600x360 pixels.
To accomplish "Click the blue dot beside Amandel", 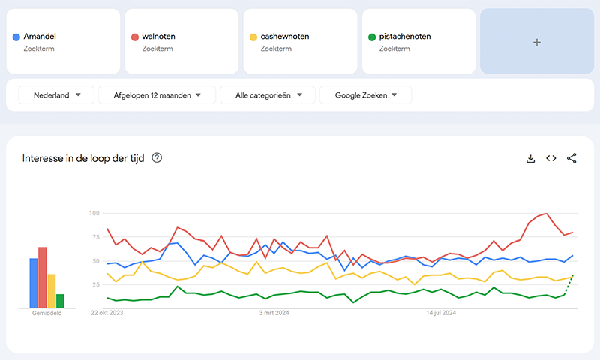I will (16, 37).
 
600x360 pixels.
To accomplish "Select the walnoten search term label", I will (158, 37).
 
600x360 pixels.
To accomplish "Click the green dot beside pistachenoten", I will (372, 37).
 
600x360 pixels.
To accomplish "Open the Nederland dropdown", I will (56, 95).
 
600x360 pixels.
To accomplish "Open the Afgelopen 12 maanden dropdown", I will (157, 95).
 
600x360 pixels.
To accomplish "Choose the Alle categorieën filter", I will (267, 95).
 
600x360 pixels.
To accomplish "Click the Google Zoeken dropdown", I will (365, 95).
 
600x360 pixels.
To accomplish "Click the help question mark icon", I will (157, 158).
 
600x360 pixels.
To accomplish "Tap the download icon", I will (530, 158).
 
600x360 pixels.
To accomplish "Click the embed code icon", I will (551, 158).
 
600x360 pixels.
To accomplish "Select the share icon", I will (571, 158).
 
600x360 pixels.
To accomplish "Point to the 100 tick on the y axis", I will (94, 214).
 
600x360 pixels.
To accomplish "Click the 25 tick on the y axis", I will (95, 285).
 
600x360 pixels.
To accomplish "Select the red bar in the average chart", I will (43, 277).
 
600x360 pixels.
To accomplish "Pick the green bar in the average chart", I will (60, 300).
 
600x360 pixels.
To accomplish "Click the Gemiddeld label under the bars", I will (47, 313).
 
